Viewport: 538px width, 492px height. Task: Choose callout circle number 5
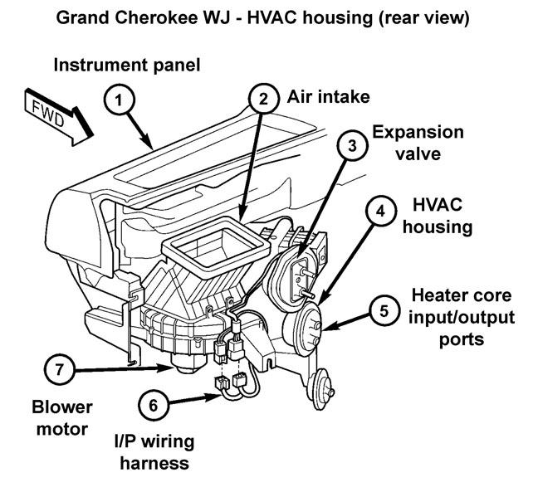click(383, 311)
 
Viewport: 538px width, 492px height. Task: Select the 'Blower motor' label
click(62, 419)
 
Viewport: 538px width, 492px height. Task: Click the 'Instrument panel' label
click(127, 64)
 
